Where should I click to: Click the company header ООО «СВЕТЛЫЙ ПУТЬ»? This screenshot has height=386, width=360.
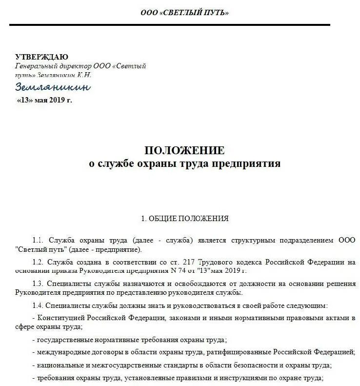pos(184,13)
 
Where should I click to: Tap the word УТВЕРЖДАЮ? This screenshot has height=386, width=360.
pos(41,57)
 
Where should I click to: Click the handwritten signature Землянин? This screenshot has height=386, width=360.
pos(53,87)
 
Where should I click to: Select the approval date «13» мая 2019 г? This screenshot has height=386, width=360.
pos(44,100)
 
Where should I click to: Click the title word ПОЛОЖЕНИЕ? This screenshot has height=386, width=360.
pos(184,150)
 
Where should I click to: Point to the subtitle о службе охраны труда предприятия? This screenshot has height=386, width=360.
pos(184,163)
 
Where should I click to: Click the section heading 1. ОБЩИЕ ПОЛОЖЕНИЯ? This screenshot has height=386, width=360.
pos(184,219)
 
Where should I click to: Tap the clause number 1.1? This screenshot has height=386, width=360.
pos(39,241)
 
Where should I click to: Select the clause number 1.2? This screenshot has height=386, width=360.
pos(39,263)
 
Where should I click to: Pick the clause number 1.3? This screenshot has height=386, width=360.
pos(39,284)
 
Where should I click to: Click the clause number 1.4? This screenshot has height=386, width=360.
pos(39,306)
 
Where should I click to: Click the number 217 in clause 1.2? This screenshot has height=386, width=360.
pos(171,263)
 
